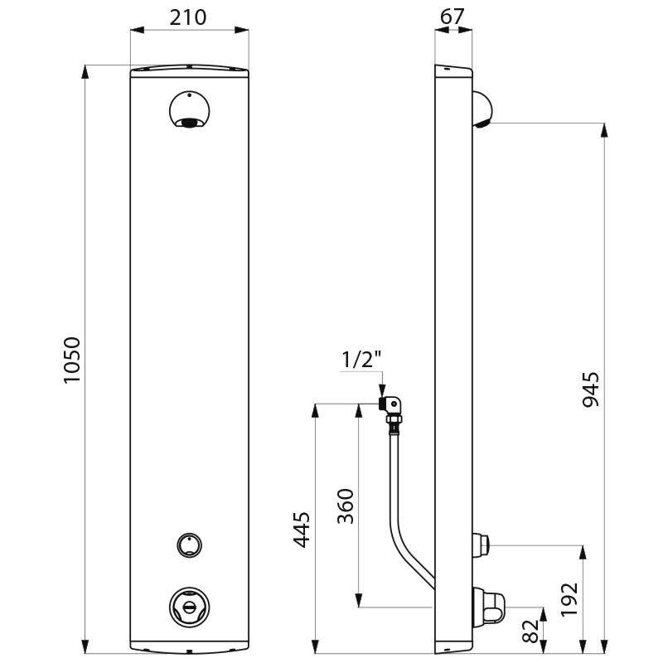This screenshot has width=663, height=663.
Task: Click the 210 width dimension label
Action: point(190,17)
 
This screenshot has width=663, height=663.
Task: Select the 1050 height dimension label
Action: point(72,360)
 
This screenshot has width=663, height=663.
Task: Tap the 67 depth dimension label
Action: point(453,17)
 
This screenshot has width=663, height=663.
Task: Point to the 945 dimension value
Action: point(590,389)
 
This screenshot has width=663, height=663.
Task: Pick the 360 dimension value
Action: point(346,506)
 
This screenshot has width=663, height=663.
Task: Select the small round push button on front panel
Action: point(189,544)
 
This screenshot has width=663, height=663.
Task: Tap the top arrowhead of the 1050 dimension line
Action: point(85,71)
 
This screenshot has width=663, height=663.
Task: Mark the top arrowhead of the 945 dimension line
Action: point(604,129)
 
